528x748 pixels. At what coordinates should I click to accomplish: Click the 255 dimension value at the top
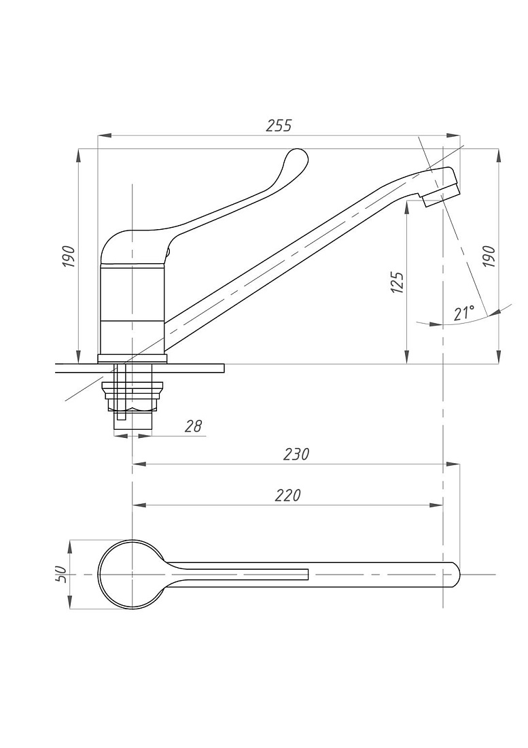[x=279, y=126]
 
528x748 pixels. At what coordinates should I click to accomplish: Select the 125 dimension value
[x=398, y=282]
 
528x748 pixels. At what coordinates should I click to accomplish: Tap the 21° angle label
[x=463, y=313]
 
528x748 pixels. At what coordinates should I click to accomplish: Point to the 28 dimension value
[x=193, y=426]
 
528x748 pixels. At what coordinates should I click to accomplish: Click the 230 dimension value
[x=296, y=454]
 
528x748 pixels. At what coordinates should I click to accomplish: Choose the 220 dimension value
[x=288, y=495]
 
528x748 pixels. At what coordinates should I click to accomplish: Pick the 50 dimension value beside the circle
[x=60, y=575]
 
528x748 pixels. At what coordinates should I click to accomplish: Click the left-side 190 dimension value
[x=69, y=256]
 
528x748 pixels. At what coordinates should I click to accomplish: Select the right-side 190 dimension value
[x=489, y=256]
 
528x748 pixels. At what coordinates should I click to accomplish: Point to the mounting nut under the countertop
[x=133, y=396]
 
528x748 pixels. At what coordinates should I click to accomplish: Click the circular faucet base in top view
[x=133, y=575]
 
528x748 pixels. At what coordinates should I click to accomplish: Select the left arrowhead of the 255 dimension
[x=105, y=136]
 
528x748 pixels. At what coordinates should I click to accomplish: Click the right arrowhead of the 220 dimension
[x=436, y=505]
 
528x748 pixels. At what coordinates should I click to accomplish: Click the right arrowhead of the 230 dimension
[x=452, y=463]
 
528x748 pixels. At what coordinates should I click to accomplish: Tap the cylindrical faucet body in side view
[x=132, y=310]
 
